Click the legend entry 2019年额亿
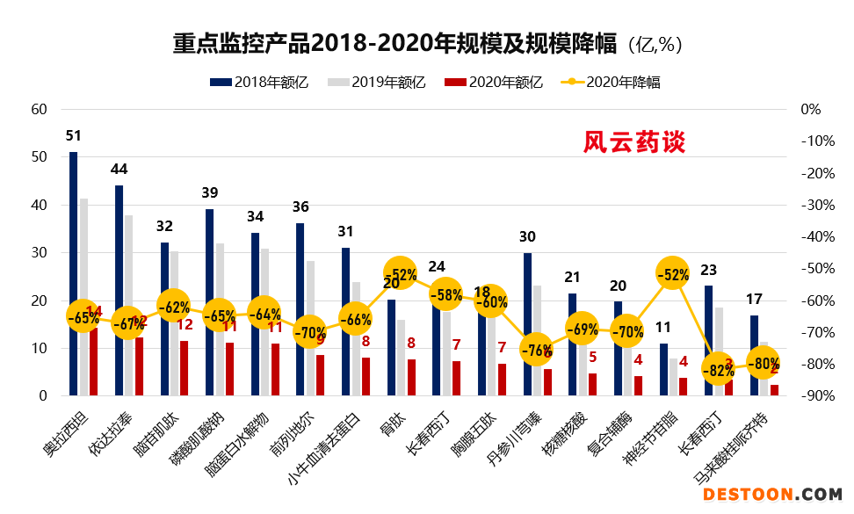pos(377,83)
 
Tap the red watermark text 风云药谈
pos(633,142)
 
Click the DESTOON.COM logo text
pos(772,496)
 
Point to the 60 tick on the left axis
pos(39,110)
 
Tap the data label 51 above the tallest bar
pos(74,136)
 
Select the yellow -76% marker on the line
pos(536,350)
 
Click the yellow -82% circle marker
pos(718,369)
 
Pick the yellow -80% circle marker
pos(763,363)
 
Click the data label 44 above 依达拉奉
pos(119,169)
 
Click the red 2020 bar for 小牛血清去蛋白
pos(365,377)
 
